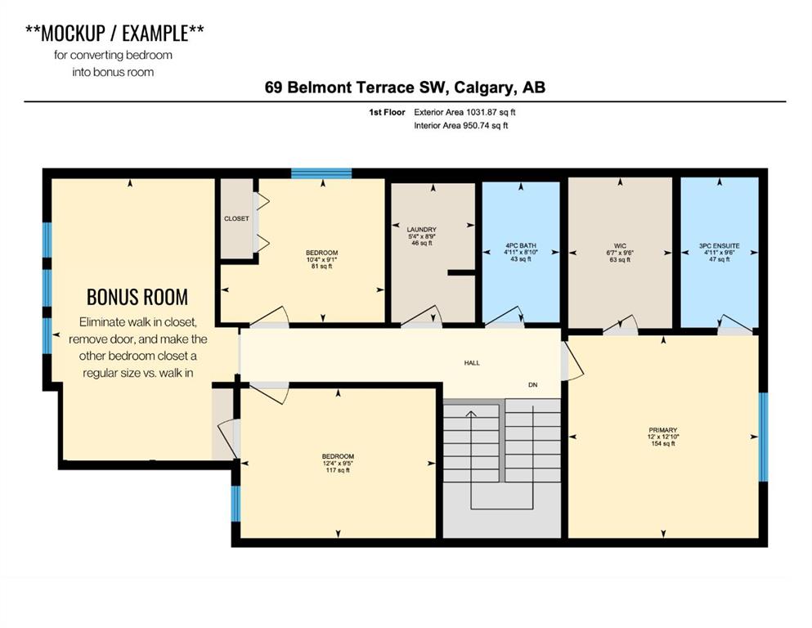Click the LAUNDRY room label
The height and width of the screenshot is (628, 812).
pyautogui.click(x=421, y=229)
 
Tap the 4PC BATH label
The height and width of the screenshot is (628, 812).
pyautogui.click(x=520, y=245)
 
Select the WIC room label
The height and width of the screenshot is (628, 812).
pyautogui.click(x=620, y=246)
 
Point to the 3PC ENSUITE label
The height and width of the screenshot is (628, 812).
pyautogui.click(x=720, y=246)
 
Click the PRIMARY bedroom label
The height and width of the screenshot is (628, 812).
pyautogui.click(x=663, y=430)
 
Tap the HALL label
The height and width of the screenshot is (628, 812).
pyautogui.click(x=472, y=363)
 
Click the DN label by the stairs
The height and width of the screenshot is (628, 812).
pyautogui.click(x=533, y=384)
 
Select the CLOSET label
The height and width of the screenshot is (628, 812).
pyautogui.click(x=236, y=218)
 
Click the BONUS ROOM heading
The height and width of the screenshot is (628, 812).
pyautogui.click(x=137, y=297)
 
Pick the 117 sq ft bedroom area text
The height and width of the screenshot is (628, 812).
pyautogui.click(x=338, y=471)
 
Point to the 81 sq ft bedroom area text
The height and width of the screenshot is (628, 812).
pyautogui.click(x=321, y=266)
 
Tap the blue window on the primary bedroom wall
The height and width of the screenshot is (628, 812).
pyautogui.click(x=763, y=437)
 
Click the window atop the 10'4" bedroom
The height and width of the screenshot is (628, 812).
pyautogui.click(x=321, y=173)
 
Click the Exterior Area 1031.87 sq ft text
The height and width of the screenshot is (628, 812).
pyautogui.click(x=464, y=112)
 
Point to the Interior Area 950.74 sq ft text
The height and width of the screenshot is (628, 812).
pyautogui.click(x=461, y=125)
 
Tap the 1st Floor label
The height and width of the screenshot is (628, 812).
pyautogui.click(x=387, y=112)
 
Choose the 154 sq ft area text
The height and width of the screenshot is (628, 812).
pyautogui.click(x=663, y=444)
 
